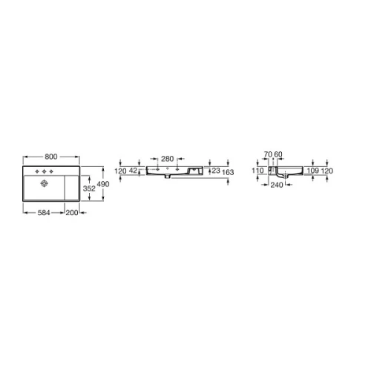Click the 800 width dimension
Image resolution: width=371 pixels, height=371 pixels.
(x=51, y=157)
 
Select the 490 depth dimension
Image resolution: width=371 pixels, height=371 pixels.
(x=103, y=184)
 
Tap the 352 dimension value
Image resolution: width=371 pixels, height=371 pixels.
(x=89, y=188)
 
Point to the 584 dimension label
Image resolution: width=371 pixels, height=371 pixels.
(x=44, y=212)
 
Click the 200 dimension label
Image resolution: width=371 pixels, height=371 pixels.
(x=72, y=212)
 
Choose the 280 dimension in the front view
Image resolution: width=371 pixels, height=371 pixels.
(x=168, y=159)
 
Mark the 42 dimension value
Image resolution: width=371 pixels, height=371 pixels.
(x=133, y=171)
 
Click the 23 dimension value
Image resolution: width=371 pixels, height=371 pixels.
(x=216, y=171)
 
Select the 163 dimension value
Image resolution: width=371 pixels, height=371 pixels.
(x=228, y=172)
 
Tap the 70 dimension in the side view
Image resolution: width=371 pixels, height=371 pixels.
(x=268, y=154)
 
